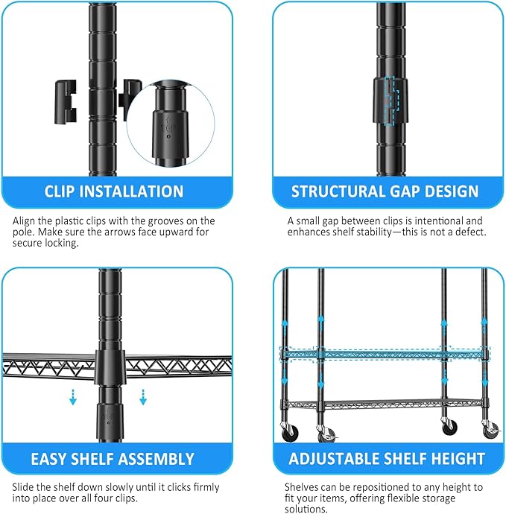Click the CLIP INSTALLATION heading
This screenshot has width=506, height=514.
point(114,191)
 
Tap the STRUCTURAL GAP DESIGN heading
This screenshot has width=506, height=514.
point(385,191)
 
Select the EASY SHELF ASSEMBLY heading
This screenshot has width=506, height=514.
point(113,459)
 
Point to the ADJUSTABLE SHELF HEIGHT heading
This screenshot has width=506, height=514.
point(386,459)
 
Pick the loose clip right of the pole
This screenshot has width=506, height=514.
point(132,96)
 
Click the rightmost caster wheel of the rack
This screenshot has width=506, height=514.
point(489,431)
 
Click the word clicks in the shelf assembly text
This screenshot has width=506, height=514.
point(162,487)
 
